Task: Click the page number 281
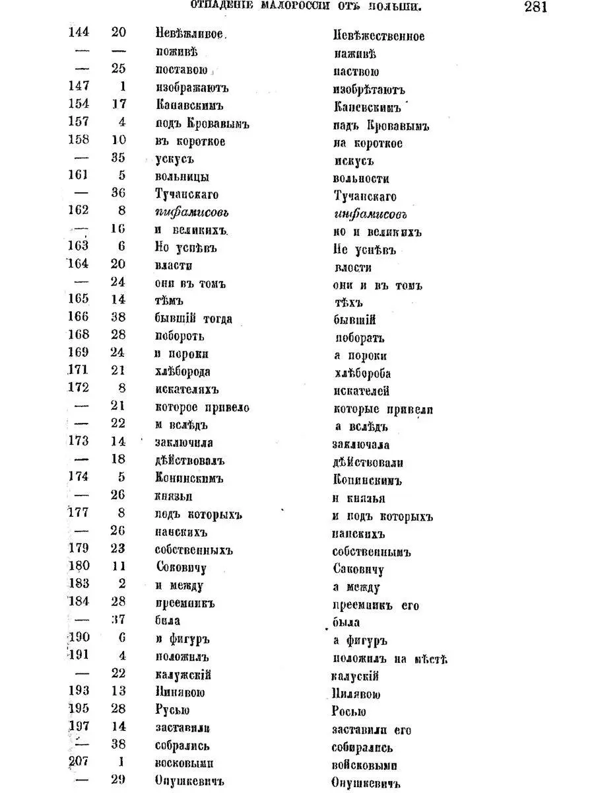point(535,7)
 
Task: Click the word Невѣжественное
point(378,36)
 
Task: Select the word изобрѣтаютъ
point(368,90)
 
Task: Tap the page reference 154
point(79,104)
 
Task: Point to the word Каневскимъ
point(366,107)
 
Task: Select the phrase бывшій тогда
point(193,319)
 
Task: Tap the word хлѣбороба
point(362,373)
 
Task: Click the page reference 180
point(79,566)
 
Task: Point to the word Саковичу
point(357,570)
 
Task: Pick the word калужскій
point(183,675)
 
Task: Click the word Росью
point(348,712)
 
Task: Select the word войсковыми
point(364,765)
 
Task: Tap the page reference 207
point(79,761)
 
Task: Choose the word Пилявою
point(356,694)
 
